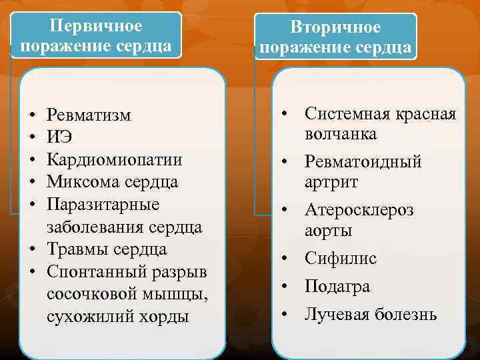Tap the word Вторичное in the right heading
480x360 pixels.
[335, 27]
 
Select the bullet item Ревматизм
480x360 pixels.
[89, 115]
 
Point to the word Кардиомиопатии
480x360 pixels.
[115, 160]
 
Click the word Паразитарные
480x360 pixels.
[103, 204]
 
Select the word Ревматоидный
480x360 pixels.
[363, 162]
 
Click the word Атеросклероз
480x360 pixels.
[359, 211]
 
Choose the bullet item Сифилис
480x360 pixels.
[341, 259]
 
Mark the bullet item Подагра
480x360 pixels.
[337, 287]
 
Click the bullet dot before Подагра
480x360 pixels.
[283, 287]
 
